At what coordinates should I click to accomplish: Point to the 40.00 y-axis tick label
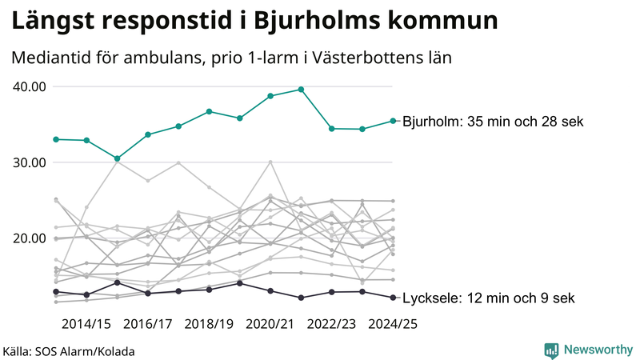click(x=29, y=86)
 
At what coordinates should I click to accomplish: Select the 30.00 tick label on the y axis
click(x=29, y=162)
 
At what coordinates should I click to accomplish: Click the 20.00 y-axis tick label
click(x=29, y=238)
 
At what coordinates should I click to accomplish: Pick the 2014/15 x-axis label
click(x=86, y=323)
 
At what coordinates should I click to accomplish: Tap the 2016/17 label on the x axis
click(x=148, y=323)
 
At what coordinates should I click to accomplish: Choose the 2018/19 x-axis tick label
click(x=209, y=323)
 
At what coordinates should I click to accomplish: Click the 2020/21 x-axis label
click(x=270, y=323)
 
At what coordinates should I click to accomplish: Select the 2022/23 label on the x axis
click(x=331, y=323)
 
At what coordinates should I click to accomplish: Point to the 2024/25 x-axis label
click(x=392, y=323)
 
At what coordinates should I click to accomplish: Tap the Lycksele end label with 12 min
click(x=488, y=298)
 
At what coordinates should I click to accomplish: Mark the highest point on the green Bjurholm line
click(x=301, y=90)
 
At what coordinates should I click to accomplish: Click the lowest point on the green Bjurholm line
click(x=117, y=158)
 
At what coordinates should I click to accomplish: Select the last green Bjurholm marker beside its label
click(x=393, y=121)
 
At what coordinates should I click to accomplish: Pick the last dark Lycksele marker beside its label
click(x=393, y=298)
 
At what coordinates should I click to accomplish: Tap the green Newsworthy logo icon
click(x=551, y=350)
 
